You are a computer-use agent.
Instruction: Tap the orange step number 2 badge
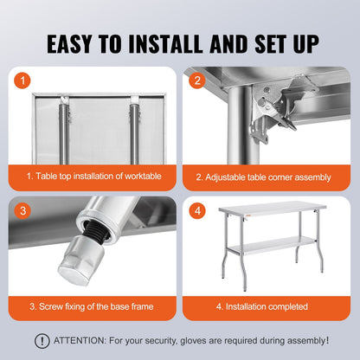click(x=198, y=81)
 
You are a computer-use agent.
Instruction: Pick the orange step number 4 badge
click(x=198, y=211)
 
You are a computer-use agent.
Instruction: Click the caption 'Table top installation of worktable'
click(x=93, y=177)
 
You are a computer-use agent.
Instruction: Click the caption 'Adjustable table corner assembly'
click(x=263, y=177)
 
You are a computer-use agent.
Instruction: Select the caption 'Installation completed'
click(x=263, y=305)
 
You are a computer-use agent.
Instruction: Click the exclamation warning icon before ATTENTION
click(x=42, y=341)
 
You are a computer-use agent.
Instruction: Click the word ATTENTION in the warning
click(x=84, y=341)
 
